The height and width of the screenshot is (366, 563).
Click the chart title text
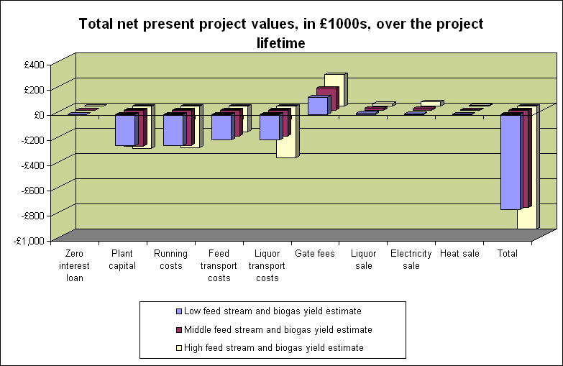[281, 33]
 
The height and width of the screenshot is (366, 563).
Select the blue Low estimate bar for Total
[511, 162]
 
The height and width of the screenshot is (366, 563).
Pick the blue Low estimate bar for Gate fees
[317, 105]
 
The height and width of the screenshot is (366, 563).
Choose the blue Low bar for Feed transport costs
[221, 127]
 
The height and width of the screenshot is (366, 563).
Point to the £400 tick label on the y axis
[34, 65]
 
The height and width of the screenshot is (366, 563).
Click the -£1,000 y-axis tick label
[31, 241]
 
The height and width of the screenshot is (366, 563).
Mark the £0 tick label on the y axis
[37, 115]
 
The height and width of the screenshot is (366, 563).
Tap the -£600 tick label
[33, 191]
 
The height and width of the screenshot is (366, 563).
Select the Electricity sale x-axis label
[411, 260]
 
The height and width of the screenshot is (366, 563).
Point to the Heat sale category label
[459, 254]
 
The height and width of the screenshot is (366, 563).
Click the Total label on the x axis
[507, 254]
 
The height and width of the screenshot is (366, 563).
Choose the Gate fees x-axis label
[315, 254]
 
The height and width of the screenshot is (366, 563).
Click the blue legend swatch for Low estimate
[179, 311]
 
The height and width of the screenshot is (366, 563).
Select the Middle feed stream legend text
[278, 329]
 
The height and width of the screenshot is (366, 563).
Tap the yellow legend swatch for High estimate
[179, 348]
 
